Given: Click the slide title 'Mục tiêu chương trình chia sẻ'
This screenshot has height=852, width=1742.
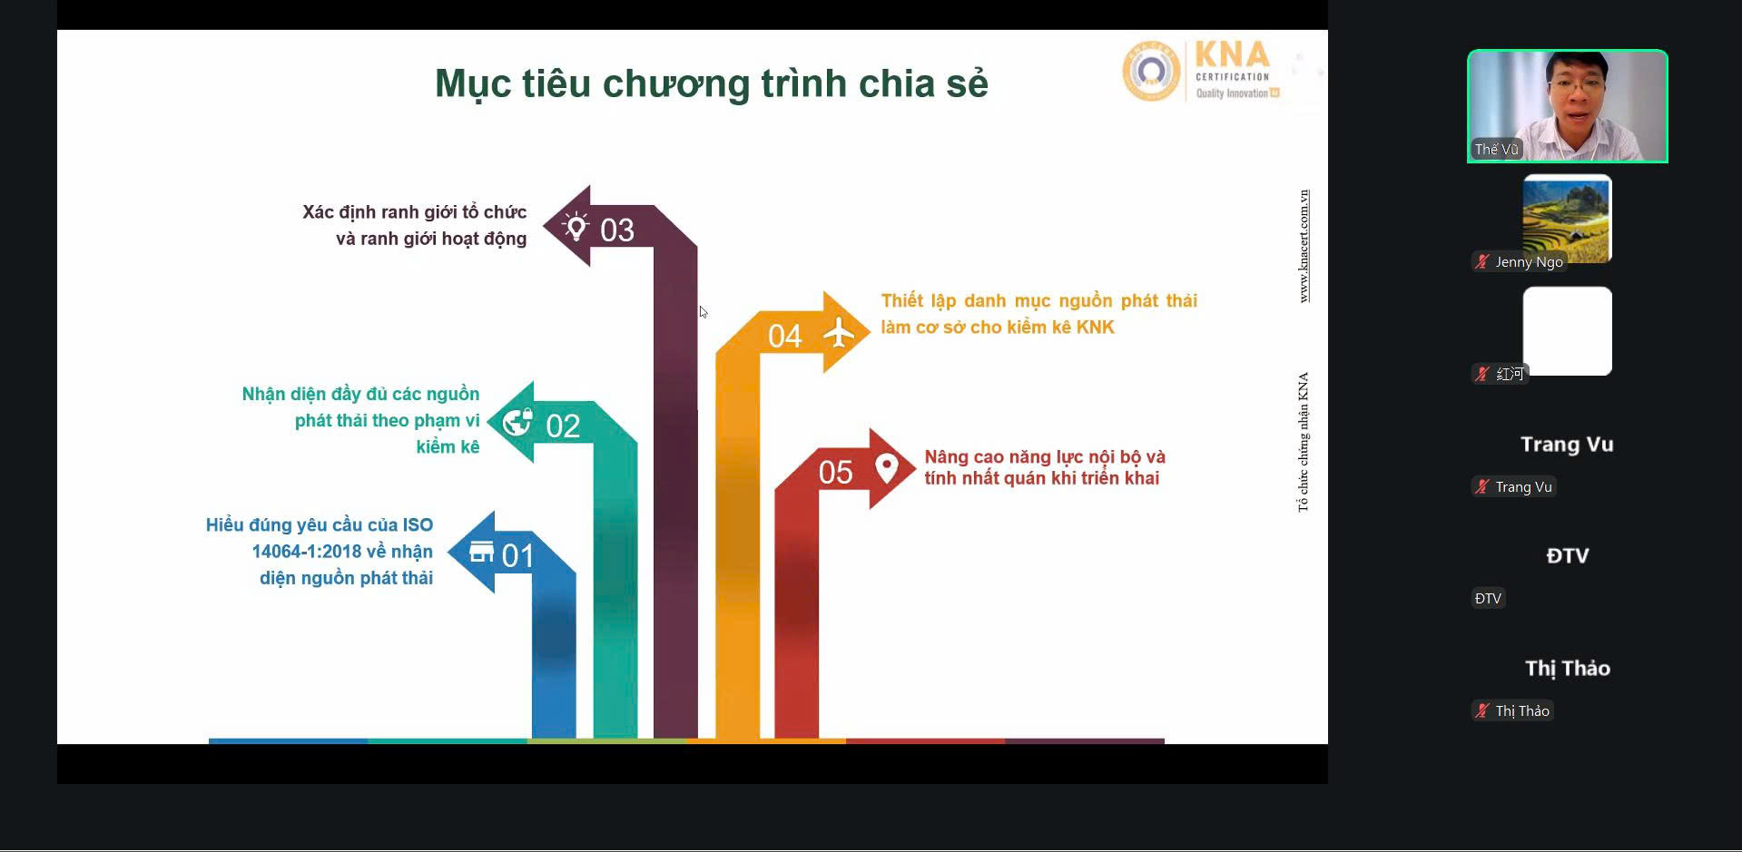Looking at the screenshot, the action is (711, 83).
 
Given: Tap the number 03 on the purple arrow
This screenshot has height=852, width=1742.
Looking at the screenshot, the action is (617, 230).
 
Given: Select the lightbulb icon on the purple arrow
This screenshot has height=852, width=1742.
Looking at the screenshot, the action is (576, 226).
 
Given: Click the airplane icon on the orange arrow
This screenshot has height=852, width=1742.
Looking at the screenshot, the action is (839, 333).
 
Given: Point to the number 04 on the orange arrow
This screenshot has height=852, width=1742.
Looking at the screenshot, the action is (785, 337).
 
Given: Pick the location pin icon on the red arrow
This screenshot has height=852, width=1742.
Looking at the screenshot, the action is (887, 468).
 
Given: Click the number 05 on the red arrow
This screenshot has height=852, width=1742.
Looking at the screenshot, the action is (836, 473).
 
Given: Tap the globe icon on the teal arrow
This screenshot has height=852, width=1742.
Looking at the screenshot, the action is (517, 422).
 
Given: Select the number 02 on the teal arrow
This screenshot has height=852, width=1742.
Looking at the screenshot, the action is (563, 426).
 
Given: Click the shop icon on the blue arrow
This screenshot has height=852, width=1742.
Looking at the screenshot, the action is (481, 551).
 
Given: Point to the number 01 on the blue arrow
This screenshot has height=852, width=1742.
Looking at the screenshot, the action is (517, 555).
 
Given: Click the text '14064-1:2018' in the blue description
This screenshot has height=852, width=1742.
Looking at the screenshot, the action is (307, 552).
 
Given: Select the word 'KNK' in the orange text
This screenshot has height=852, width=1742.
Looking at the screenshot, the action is (1095, 328).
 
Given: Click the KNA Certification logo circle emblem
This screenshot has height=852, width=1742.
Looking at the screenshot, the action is (1151, 70).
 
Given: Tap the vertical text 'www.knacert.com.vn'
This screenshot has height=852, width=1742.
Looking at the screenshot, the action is (1304, 246).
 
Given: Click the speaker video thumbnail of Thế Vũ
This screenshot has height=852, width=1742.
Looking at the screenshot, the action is (1568, 106).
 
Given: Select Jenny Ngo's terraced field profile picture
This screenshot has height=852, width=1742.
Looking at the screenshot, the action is (1567, 219).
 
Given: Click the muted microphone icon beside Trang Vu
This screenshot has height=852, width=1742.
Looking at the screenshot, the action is (1482, 487).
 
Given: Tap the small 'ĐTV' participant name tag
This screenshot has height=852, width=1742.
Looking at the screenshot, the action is (1488, 599).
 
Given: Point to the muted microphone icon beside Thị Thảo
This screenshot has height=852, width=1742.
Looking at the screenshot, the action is (1482, 711).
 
